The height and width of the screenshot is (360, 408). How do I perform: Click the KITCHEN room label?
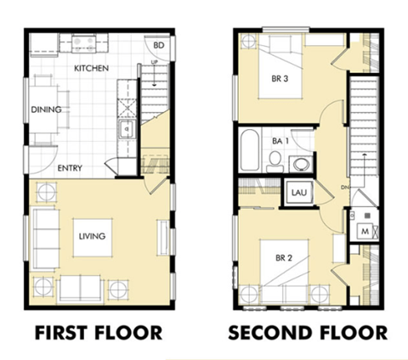pos(91,68)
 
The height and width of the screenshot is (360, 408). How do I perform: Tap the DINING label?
pos(45,110)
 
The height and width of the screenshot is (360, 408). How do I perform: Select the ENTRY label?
pos(70,167)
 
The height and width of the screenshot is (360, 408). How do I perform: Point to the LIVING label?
pos(92,235)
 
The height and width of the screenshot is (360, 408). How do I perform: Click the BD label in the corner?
pos(158,45)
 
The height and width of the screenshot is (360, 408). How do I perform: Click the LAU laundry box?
pos(298,194)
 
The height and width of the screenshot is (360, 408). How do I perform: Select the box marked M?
pos(364,231)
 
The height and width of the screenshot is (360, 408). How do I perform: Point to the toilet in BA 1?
pos(275,160)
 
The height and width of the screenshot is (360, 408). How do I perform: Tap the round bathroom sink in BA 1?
pos(299,162)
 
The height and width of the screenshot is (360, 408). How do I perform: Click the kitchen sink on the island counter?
pos(126,130)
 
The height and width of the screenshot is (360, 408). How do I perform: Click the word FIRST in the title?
pos(61,332)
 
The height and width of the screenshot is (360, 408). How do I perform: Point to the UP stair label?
pos(153,63)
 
